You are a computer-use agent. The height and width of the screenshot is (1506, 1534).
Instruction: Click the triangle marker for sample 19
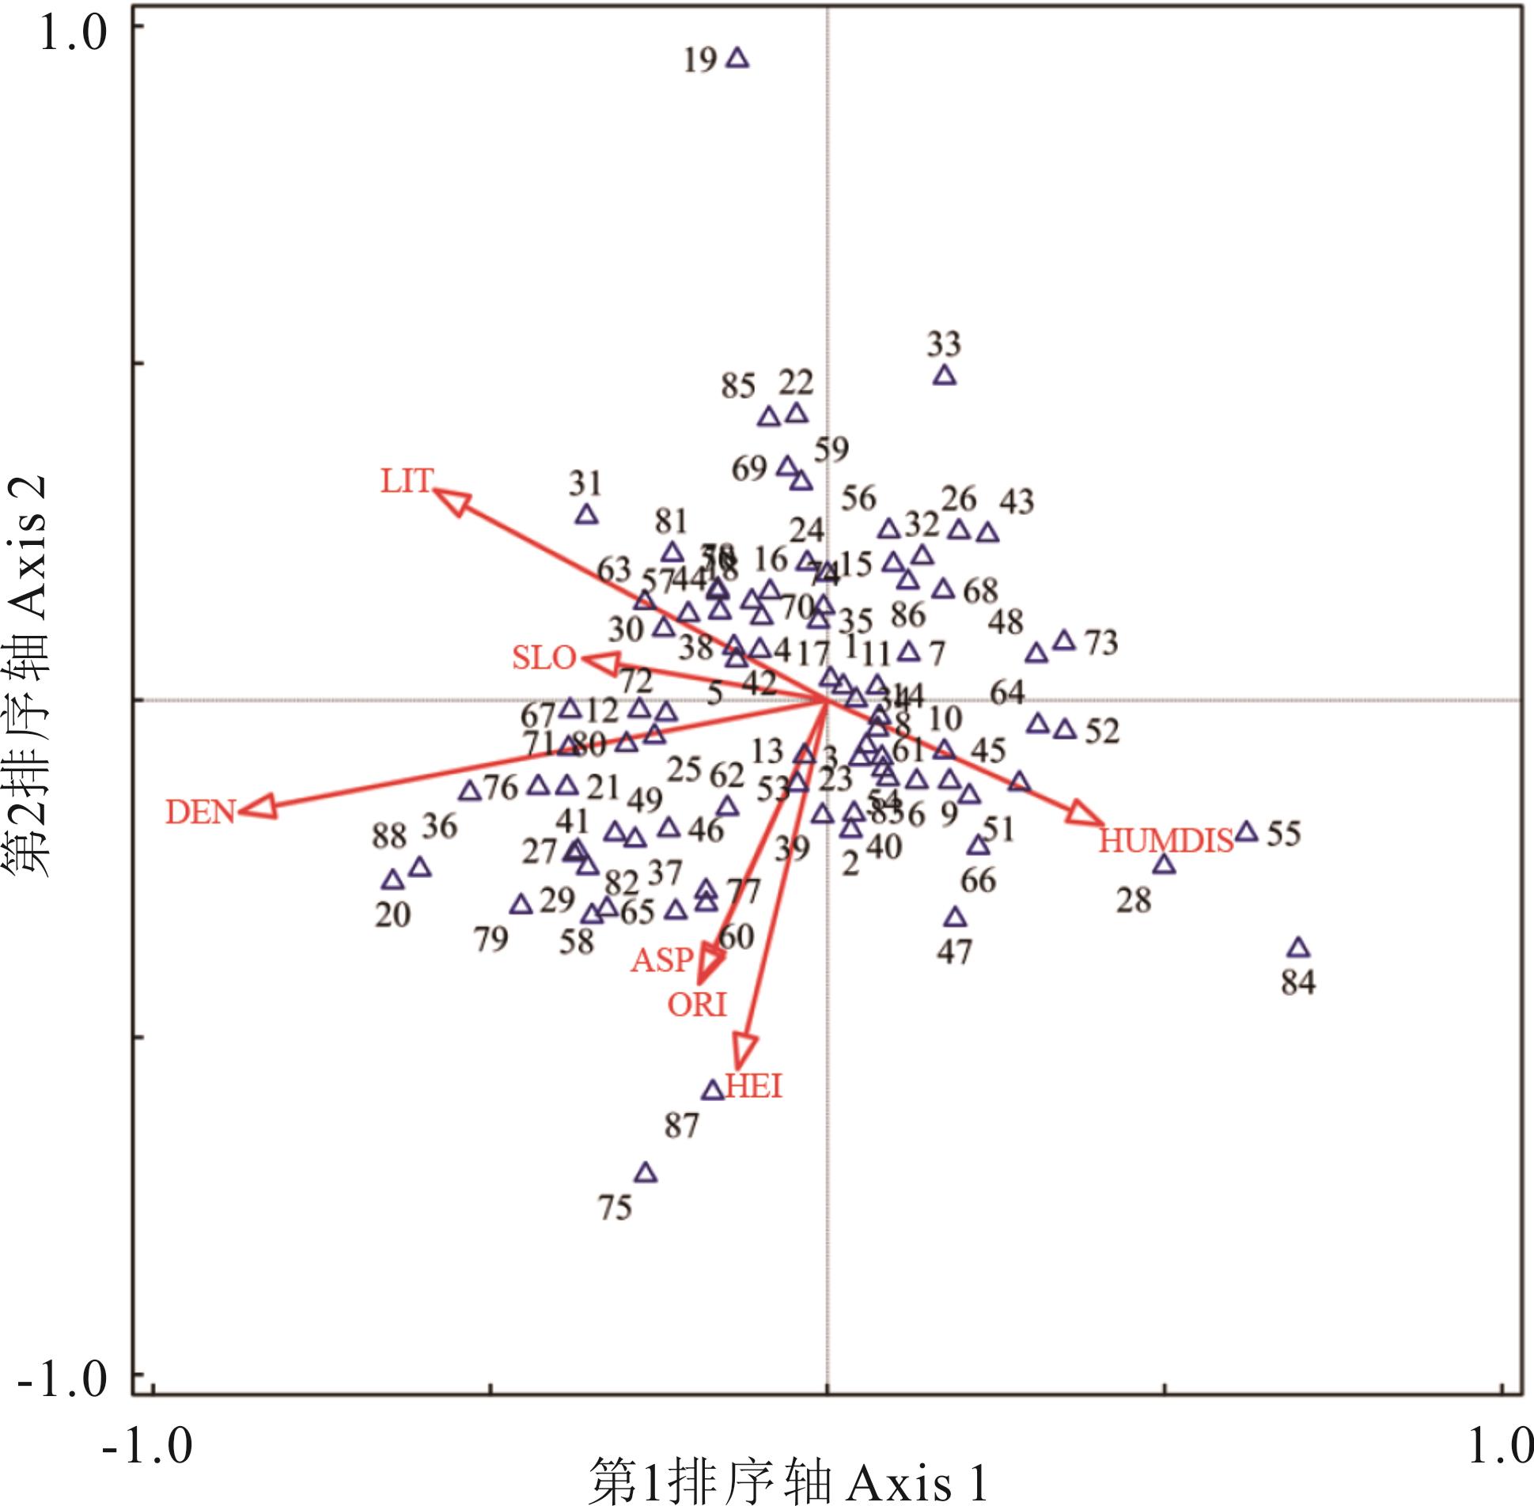point(738,59)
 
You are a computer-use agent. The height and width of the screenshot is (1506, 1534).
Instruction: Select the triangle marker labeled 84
point(1298,948)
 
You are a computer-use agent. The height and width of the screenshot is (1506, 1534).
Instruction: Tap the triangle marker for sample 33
point(944,376)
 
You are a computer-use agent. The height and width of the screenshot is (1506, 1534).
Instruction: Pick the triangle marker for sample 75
point(646,1172)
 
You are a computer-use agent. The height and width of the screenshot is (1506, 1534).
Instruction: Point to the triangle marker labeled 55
point(1247,832)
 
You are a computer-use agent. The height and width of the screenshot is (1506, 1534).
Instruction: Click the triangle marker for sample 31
point(586,516)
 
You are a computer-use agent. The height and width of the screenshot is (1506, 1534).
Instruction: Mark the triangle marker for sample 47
point(956,918)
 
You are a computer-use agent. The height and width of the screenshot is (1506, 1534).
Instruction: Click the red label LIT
point(407,482)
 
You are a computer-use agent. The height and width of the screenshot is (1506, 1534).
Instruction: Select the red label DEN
point(200,812)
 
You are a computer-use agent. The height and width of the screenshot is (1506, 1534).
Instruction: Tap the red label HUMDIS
point(1166,841)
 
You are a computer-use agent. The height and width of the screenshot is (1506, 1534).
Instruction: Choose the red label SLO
point(544,658)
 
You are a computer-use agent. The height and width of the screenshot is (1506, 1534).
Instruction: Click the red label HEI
point(754,1087)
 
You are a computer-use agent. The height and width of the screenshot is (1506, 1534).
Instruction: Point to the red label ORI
point(696,1005)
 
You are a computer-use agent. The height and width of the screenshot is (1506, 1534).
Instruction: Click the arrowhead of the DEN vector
point(258,808)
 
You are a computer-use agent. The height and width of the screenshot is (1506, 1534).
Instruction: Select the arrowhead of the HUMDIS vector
point(1085,815)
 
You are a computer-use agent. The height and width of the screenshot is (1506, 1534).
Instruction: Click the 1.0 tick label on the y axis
point(72,36)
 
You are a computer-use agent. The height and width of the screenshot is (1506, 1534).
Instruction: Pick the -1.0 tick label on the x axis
point(147,1444)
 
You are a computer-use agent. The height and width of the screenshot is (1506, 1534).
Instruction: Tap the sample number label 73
point(1100,643)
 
